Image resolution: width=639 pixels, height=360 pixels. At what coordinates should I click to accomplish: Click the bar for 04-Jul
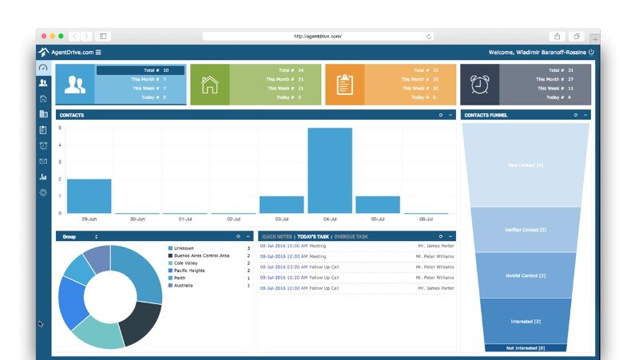(x=329, y=170)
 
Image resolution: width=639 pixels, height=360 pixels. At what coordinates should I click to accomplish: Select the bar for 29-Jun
(x=89, y=196)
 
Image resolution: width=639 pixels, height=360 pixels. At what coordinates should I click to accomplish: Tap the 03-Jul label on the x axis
(x=281, y=219)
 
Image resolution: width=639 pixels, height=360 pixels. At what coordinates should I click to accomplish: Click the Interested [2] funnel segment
(x=526, y=321)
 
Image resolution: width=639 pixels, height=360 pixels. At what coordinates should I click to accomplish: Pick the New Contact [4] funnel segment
(x=526, y=165)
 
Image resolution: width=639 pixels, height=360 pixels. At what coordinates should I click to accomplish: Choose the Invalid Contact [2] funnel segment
(x=526, y=275)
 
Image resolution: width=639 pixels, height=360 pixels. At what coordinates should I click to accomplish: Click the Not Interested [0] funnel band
(x=526, y=348)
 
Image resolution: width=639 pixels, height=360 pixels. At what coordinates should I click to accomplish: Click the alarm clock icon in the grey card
(x=479, y=84)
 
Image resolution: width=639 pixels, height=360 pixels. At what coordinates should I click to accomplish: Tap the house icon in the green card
(x=210, y=85)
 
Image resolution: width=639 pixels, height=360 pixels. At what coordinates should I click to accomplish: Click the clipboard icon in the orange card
(x=344, y=84)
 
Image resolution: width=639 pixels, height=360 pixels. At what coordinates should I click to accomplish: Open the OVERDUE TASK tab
(x=351, y=237)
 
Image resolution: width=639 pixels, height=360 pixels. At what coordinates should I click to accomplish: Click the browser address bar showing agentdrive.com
(x=318, y=36)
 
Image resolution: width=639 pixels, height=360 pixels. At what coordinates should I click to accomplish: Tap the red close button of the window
(x=44, y=36)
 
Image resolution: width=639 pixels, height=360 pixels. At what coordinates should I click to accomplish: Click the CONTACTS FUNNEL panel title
(x=486, y=115)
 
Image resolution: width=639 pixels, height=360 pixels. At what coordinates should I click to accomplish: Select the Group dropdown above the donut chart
(x=80, y=237)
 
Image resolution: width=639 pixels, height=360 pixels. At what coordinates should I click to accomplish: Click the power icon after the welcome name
(x=591, y=52)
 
